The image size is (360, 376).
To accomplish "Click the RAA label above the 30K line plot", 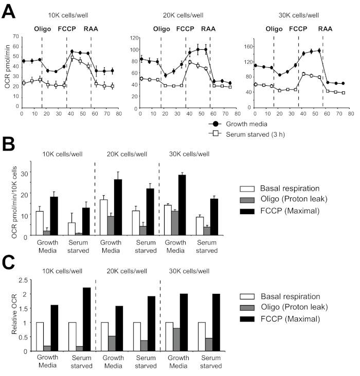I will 325,28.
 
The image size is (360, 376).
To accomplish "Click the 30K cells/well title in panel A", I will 298,15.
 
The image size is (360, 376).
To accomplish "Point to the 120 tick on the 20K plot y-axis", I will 136,38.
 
